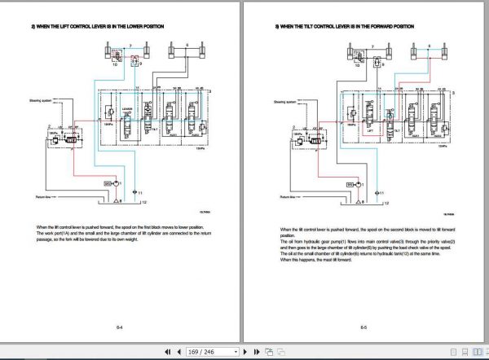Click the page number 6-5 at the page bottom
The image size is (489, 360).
point(363,327)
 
